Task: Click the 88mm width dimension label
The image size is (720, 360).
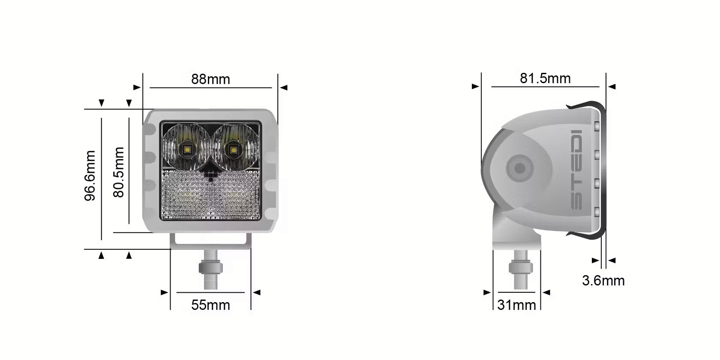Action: click(x=210, y=79)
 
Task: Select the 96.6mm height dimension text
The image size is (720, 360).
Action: click(x=90, y=176)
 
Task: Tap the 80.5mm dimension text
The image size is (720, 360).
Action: click(x=119, y=172)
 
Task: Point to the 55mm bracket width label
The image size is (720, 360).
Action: click(x=210, y=305)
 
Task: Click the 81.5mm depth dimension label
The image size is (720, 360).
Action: click(x=545, y=78)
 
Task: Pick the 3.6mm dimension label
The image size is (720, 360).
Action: click(x=603, y=281)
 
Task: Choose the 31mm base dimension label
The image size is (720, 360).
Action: click(x=516, y=305)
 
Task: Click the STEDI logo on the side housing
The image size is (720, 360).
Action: click(x=577, y=170)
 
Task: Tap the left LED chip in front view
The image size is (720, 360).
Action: click(x=187, y=150)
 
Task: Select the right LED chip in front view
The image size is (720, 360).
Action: click(x=233, y=150)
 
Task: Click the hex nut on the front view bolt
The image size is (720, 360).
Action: click(x=210, y=268)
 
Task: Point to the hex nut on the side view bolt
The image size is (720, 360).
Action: click(x=521, y=269)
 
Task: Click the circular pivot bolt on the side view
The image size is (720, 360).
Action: click(x=519, y=168)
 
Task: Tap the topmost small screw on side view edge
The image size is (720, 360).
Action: click(x=597, y=126)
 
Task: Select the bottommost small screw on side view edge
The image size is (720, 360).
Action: click(x=597, y=211)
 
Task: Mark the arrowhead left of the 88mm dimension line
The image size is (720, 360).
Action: click(x=137, y=87)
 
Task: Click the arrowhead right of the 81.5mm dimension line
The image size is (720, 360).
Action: click(x=612, y=87)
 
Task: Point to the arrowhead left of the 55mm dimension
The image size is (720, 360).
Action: click(x=165, y=293)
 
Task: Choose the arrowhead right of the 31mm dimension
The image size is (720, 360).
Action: click(x=546, y=293)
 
